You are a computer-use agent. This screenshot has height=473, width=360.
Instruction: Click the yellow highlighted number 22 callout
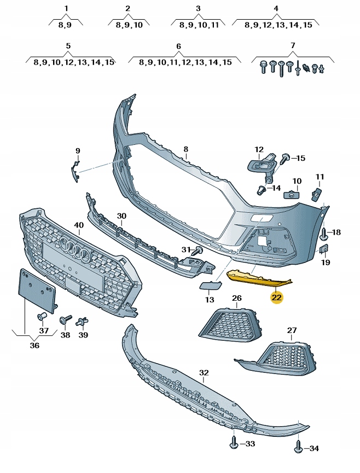click(x=277, y=297)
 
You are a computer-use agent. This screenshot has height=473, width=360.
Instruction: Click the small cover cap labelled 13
click(x=208, y=285)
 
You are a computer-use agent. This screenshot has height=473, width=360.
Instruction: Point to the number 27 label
click(x=292, y=330)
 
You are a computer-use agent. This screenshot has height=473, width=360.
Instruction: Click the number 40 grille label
click(x=79, y=225)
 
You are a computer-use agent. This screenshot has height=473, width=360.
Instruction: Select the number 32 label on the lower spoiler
click(x=204, y=373)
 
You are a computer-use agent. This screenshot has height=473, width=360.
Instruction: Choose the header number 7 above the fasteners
click(x=292, y=45)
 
